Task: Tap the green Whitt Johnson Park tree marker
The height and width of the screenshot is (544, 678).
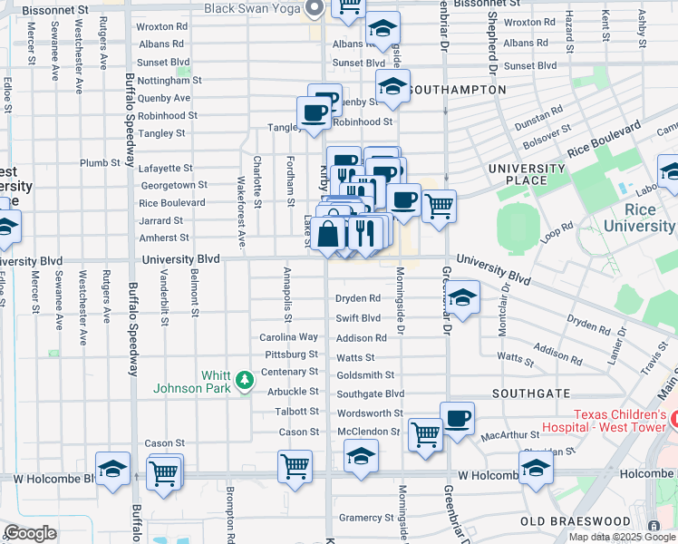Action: pos(243,381)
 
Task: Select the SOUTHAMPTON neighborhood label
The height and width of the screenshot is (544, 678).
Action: pos(457,91)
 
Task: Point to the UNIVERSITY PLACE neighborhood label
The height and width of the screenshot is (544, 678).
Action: pos(526,176)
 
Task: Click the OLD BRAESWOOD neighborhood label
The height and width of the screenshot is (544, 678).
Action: pos(575,521)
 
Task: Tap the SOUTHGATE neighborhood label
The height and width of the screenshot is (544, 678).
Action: pos(531,394)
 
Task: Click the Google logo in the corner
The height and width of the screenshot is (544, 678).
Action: pos(30,533)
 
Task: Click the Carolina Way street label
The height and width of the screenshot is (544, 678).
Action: pos(289,337)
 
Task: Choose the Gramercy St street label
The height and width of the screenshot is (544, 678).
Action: pos(366,518)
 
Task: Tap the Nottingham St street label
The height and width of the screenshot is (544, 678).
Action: pos(169,81)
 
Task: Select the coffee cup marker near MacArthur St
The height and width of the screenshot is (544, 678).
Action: pos(458,419)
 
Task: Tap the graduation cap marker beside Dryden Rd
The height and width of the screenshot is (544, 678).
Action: pos(462,298)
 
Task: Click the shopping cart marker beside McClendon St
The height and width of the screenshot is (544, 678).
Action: pos(424,433)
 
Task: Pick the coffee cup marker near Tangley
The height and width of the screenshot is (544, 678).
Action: pos(315,113)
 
